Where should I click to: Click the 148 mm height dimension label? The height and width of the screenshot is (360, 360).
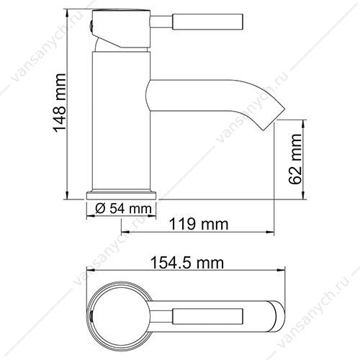(x=59, y=103)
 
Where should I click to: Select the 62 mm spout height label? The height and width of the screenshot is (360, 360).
(x=295, y=159)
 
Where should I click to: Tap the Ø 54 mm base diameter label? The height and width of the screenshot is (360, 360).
(x=123, y=209)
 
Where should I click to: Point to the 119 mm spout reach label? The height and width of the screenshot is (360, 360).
(x=199, y=224)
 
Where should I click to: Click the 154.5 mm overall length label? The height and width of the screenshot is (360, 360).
(x=187, y=263)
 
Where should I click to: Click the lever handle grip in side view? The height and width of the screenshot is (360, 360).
(x=208, y=22)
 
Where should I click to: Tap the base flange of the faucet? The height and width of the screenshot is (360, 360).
(x=121, y=195)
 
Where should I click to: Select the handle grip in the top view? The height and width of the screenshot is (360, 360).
(x=208, y=316)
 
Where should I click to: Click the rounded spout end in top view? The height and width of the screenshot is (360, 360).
(x=279, y=316)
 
